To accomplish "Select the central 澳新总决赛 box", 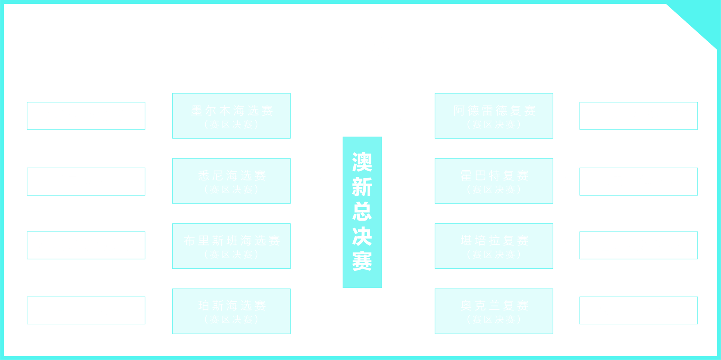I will coord(362,212).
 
